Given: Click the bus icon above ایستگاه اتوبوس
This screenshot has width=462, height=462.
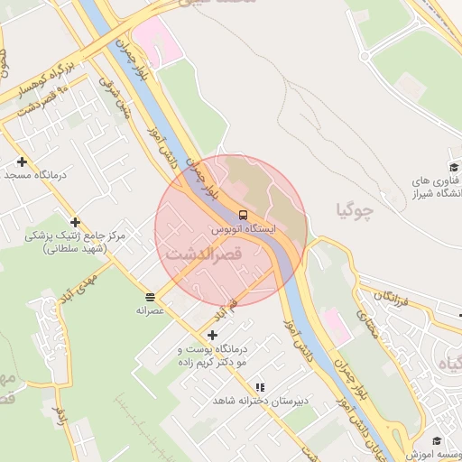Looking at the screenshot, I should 243,215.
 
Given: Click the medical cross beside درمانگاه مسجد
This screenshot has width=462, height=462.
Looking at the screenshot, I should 23,162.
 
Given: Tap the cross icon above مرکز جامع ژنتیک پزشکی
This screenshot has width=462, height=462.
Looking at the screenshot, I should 75,222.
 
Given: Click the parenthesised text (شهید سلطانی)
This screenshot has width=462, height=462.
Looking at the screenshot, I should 74,248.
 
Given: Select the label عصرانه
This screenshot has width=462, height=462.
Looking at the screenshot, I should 149,310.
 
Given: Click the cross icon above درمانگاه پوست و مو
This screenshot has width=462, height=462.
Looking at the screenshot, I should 213,335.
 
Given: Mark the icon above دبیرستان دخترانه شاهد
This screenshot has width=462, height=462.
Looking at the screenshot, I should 260,386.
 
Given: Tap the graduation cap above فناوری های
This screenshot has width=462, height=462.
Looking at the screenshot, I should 455,167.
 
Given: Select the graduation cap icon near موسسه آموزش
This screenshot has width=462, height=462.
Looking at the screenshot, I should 437,441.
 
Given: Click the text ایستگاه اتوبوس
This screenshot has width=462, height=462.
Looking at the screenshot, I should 243,229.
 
